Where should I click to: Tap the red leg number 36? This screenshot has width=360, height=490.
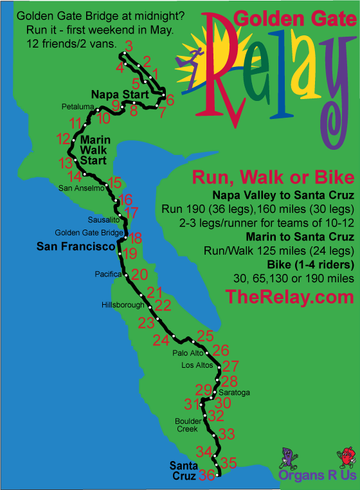(206, 476)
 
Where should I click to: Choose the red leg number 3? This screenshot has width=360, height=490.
(129, 46)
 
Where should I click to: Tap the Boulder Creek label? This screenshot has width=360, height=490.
(187, 425)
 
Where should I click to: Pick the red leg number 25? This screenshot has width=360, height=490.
(205, 335)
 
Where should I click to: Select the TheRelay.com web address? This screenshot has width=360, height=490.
(289, 296)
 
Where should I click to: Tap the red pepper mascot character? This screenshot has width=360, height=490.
(345, 457)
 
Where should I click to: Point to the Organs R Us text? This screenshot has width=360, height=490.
(317, 476)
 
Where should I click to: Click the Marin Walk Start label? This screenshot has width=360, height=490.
(94, 150)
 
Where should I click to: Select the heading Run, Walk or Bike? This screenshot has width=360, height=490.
(273, 177)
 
